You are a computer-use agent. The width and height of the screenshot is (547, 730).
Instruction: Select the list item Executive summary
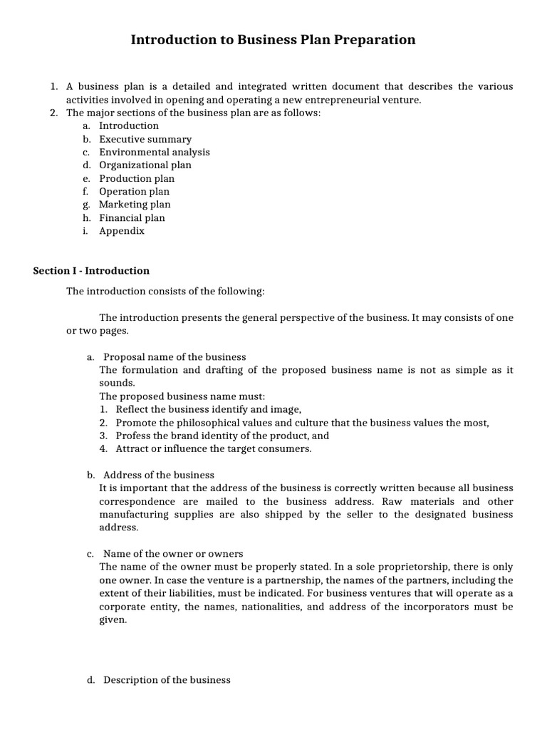[145, 139]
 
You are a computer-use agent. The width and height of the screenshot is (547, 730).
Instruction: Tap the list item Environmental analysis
[154, 152]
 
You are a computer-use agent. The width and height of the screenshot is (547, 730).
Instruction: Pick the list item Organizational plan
[145, 165]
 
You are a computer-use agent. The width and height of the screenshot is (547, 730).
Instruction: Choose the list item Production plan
[136, 178]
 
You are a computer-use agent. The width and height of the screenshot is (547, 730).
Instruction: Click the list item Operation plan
[134, 192]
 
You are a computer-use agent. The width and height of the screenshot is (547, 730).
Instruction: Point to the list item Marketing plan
[135, 205]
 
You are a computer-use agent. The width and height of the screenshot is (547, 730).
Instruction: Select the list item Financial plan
[132, 218]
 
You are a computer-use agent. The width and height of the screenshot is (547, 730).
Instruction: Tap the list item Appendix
[121, 231]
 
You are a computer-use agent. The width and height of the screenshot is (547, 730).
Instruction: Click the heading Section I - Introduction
[91, 271]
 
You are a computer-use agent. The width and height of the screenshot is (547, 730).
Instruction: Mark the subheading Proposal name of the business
[174, 357]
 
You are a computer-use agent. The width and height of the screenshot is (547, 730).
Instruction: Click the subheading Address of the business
[158, 475]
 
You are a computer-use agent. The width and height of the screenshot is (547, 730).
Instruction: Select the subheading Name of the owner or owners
[173, 554]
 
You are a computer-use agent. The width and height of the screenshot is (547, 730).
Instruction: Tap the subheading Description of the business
[167, 680]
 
